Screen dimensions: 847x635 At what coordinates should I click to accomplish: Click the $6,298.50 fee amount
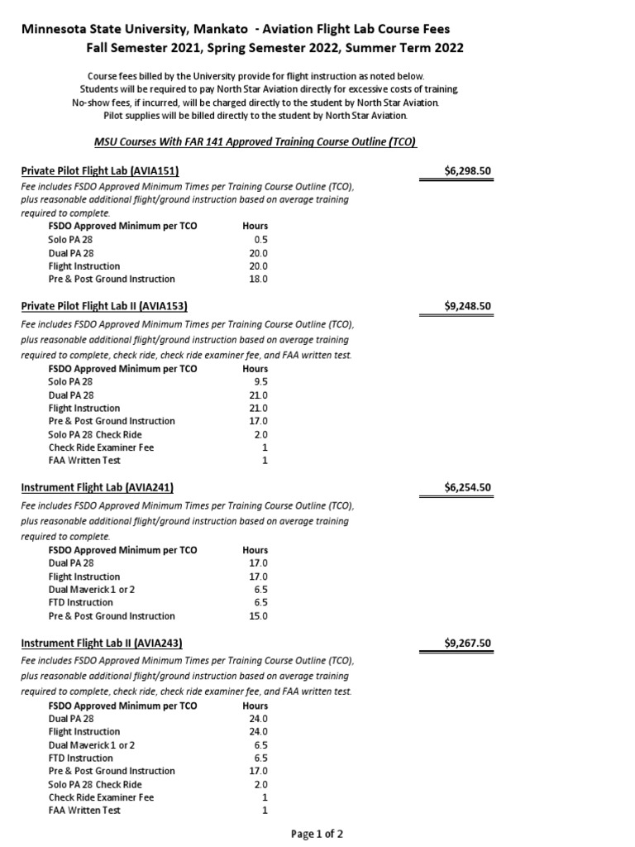point(467,171)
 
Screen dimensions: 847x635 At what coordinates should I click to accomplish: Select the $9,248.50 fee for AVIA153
point(467,305)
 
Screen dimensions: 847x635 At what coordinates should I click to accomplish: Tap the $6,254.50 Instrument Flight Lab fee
point(467,487)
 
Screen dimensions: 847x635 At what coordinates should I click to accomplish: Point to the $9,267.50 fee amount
point(467,643)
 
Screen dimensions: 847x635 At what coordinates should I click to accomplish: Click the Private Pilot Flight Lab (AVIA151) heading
point(97,171)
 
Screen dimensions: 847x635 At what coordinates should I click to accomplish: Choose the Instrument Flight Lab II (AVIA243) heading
point(101,643)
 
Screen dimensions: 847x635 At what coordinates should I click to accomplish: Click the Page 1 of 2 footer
point(317,834)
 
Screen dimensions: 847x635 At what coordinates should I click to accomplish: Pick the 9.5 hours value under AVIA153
point(260,382)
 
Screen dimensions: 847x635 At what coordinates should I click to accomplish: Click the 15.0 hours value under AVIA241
point(258,615)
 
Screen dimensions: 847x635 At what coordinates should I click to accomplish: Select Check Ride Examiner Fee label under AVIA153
point(101,447)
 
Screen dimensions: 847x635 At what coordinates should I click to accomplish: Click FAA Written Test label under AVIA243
point(84,811)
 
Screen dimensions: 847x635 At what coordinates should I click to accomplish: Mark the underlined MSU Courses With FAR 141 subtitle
point(255,141)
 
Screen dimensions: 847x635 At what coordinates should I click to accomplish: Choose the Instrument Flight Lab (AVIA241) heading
point(97,487)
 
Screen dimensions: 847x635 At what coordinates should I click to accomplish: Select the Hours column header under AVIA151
point(255,226)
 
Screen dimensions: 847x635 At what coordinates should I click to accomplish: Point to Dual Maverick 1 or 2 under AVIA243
point(92,744)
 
